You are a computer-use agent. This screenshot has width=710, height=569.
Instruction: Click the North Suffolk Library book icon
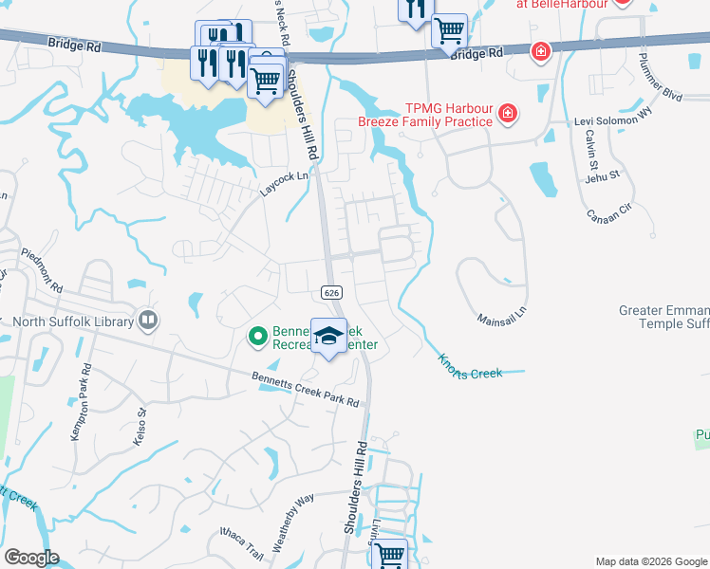[x=147, y=321]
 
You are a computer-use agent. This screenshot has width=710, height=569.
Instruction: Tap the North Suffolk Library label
[x=73, y=321]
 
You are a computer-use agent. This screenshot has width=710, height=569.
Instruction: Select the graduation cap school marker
[x=329, y=337]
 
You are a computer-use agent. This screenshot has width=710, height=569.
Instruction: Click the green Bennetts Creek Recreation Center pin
[x=256, y=336]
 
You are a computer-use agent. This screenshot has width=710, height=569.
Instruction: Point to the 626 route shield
[x=331, y=292]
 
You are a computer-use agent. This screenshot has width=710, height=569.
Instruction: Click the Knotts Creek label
[x=470, y=366]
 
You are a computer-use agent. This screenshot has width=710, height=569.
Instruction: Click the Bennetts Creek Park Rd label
[x=306, y=389]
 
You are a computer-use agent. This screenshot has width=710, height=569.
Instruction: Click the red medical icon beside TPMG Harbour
[x=508, y=115]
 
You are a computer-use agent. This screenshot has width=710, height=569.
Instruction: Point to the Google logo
[x=32, y=558]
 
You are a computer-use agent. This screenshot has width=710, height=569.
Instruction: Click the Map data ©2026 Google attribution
[x=651, y=561]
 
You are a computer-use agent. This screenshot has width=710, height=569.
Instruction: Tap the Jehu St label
[x=602, y=175]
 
